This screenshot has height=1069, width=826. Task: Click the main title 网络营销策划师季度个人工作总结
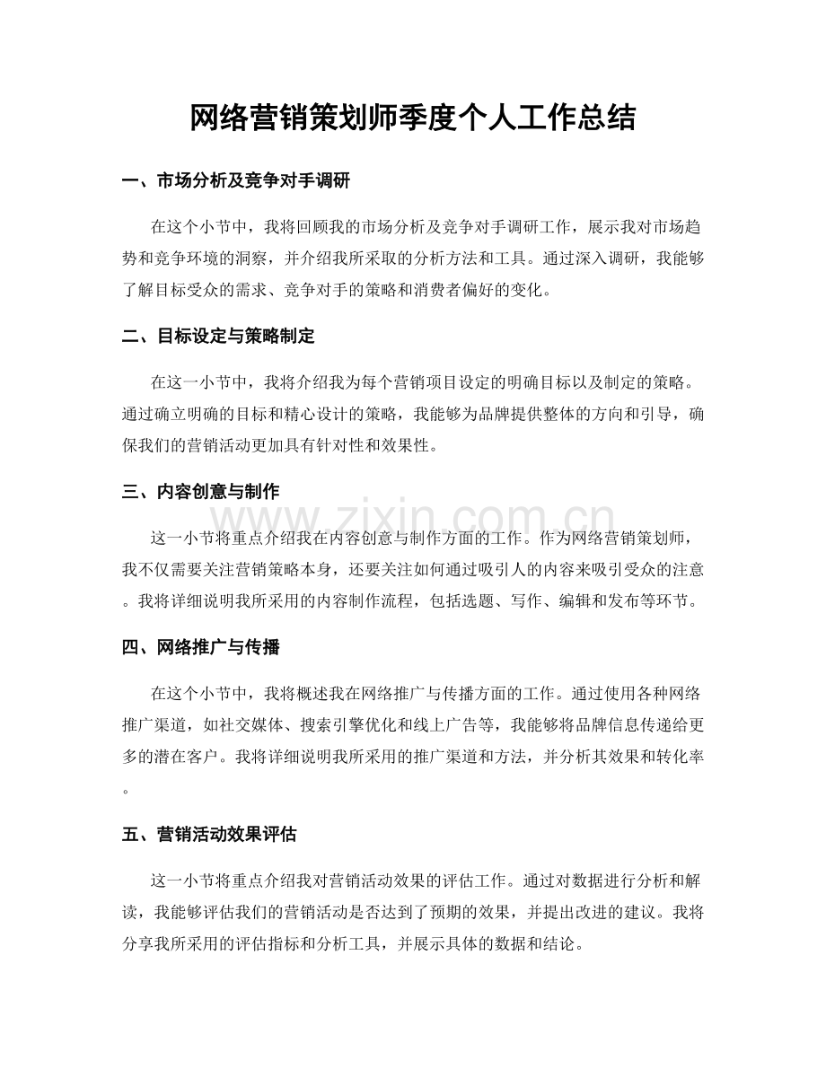[x=413, y=118]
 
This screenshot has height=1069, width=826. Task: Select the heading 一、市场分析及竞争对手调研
[x=235, y=182]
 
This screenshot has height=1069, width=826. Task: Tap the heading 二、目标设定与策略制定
[x=217, y=337]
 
